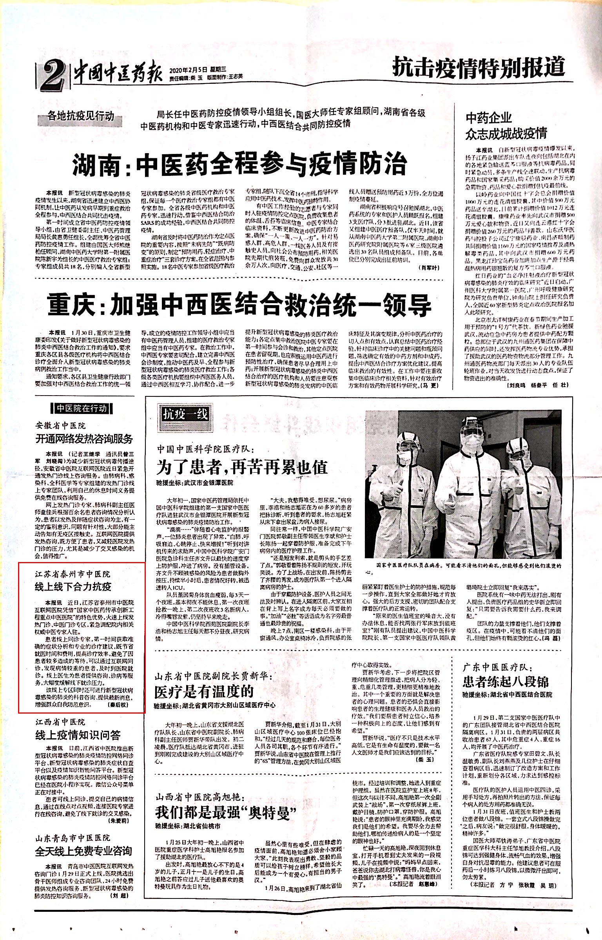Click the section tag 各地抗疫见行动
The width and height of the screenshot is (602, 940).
[x=80, y=116]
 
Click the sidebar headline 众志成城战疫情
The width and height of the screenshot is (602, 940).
[x=506, y=134]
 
